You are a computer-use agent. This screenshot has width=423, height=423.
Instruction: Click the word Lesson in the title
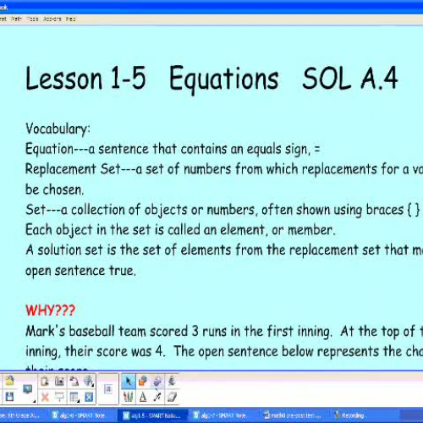point(66,79)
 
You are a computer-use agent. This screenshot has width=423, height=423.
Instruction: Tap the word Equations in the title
point(223,79)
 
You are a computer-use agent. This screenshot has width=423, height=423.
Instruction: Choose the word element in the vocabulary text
point(266,230)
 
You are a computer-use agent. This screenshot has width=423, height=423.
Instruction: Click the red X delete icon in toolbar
point(45,397)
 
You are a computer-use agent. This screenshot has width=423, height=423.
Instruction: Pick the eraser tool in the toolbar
point(173,397)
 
